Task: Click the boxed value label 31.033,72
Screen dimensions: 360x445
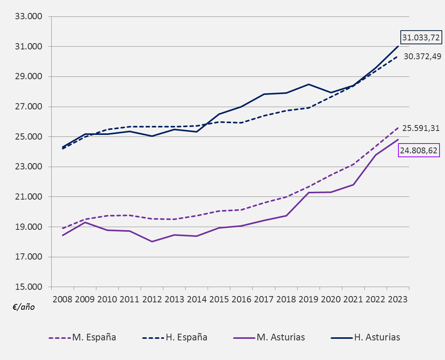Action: point(421,38)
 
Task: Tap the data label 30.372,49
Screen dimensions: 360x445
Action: point(422,56)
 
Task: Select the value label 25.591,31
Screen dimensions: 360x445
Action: point(421,128)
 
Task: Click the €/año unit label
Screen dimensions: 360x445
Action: point(24,307)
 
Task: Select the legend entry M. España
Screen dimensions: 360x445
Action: point(94,337)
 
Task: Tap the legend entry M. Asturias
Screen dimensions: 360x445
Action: point(280,337)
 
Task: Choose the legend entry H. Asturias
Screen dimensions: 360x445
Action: point(377,337)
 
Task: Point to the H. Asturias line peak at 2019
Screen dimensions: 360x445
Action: point(309,84)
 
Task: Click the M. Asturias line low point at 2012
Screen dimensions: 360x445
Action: point(152,242)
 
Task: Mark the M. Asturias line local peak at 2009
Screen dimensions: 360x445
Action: point(85,222)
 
